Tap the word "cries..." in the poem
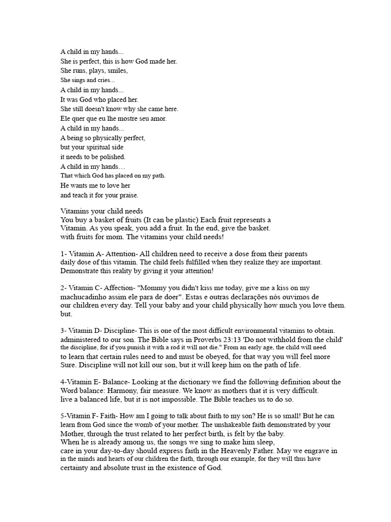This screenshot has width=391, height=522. tap(104, 81)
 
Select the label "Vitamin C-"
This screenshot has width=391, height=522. tap(85, 288)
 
